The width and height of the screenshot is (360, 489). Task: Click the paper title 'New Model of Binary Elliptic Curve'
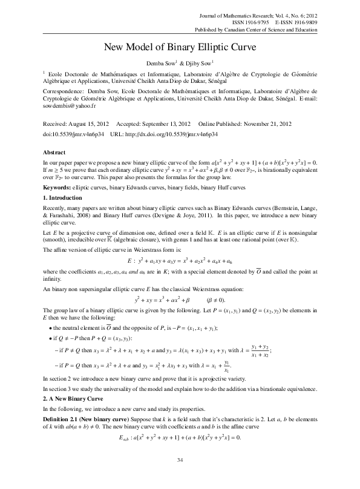180,47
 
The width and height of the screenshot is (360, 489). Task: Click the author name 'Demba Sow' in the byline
156,63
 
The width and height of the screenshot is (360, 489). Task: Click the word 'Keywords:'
56,189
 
